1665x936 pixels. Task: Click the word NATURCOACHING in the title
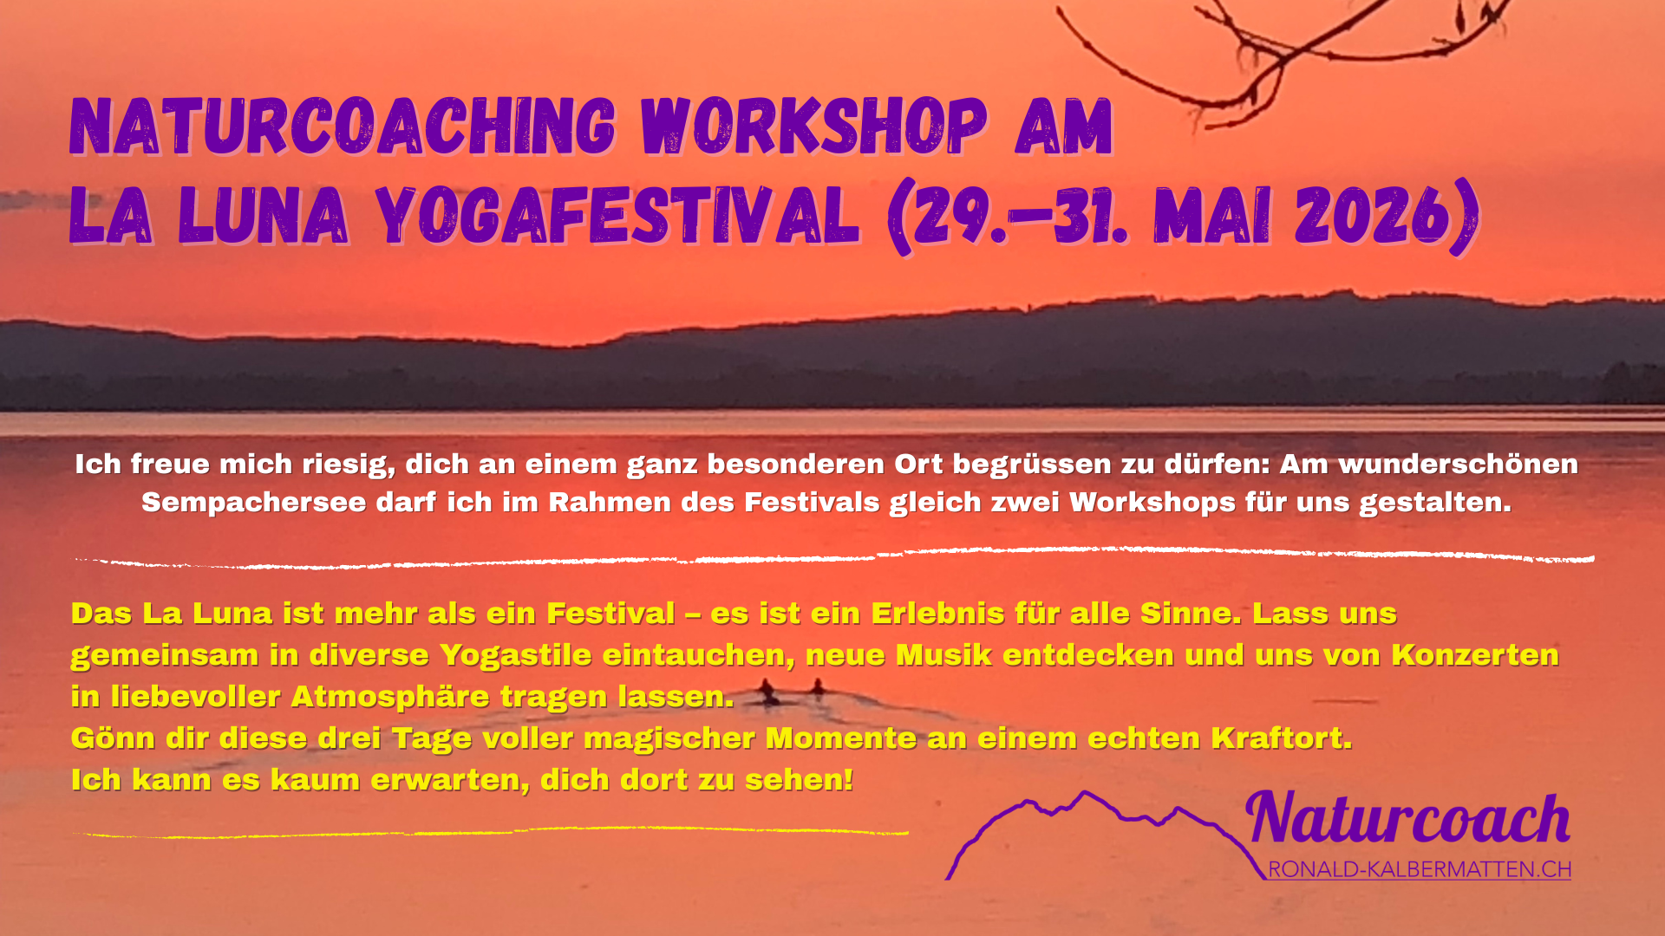pyautogui.click(x=343, y=127)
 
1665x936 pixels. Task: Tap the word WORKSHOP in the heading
pyautogui.click(x=814, y=127)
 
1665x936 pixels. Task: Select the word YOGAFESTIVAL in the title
pyautogui.click(x=618, y=215)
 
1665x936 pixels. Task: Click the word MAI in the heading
pyautogui.click(x=1213, y=215)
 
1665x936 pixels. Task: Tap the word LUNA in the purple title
pyautogui.click(x=264, y=215)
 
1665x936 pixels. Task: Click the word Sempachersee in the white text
pyautogui.click(x=253, y=503)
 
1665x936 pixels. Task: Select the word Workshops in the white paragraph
pyautogui.click(x=1152, y=503)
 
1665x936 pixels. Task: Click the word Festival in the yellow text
pyautogui.click(x=610, y=614)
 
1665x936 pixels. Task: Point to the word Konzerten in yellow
pyautogui.click(x=1475, y=655)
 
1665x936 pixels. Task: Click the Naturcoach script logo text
pyautogui.click(x=1408, y=819)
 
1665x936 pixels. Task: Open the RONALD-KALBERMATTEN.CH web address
pyautogui.click(x=1420, y=870)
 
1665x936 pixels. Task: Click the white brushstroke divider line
pyautogui.click(x=832, y=557)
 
